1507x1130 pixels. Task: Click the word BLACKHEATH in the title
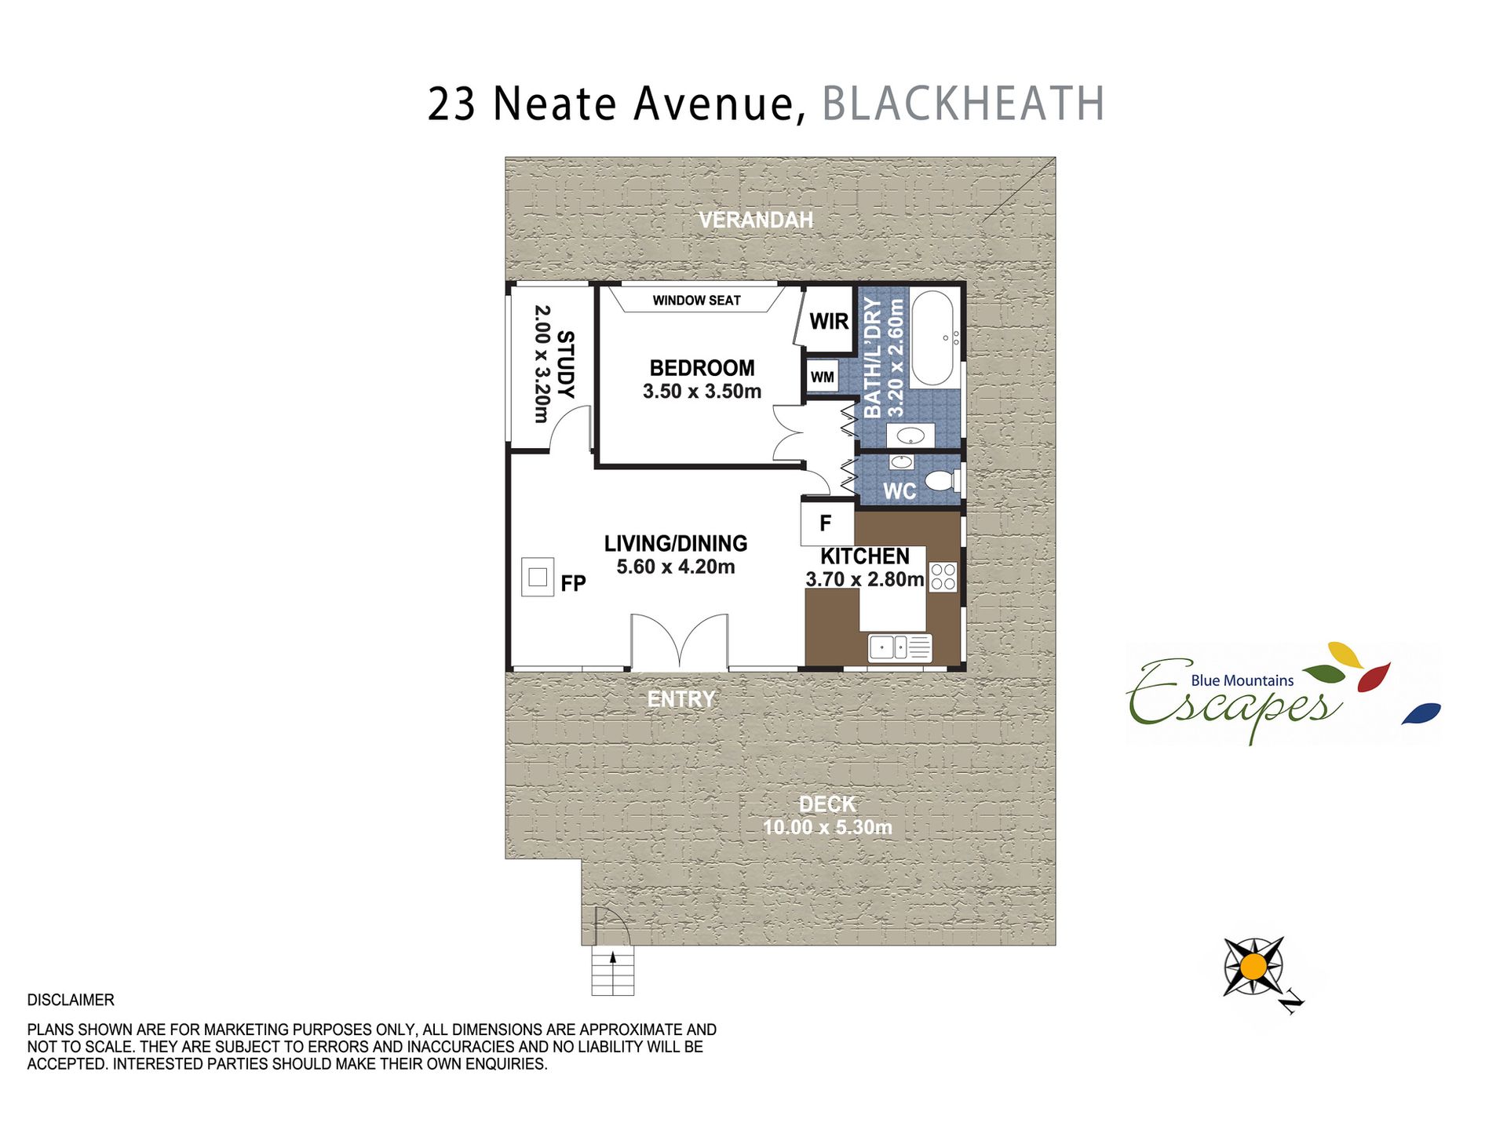963,104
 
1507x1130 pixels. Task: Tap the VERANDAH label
756,220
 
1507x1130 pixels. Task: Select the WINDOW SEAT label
696,301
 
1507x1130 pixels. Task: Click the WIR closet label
829,321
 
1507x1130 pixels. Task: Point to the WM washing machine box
823,377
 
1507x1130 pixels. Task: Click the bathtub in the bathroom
932,338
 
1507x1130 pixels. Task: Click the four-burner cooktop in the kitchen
943,577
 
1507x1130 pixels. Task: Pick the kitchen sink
900,647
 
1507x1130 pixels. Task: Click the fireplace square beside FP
538,577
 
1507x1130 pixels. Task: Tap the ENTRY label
681,699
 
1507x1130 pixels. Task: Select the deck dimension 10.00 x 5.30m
827,827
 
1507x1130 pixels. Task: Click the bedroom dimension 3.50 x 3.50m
702,391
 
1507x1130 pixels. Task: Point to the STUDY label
565,364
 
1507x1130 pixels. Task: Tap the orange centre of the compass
1253,966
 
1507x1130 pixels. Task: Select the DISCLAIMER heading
71,1000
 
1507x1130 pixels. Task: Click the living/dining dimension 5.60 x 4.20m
675,567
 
